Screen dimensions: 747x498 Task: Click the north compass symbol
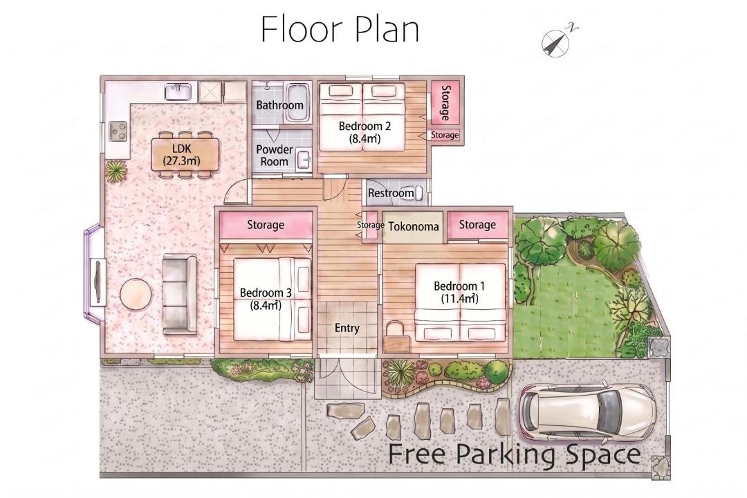click(556, 42)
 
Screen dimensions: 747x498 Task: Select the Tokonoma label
click(414, 226)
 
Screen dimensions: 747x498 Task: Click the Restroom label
click(391, 193)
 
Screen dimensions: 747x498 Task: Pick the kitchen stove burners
click(118, 131)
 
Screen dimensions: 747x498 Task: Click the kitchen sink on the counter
click(178, 92)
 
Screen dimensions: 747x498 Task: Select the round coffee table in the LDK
click(136, 294)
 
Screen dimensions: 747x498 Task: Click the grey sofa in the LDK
click(180, 294)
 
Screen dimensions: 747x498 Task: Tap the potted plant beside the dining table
click(116, 171)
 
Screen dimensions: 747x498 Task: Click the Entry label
click(347, 329)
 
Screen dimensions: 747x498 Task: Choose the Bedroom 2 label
click(365, 127)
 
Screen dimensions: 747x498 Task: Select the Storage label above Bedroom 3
click(266, 225)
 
